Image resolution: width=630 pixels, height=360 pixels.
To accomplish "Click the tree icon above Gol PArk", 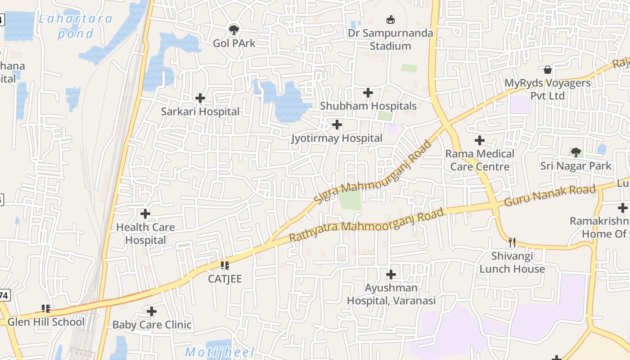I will (233, 30).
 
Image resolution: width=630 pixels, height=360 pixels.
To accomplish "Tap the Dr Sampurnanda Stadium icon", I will (390, 19).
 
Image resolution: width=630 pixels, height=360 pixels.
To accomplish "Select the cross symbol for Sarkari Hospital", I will (200, 98).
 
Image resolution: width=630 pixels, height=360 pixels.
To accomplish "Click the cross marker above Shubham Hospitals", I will (368, 93).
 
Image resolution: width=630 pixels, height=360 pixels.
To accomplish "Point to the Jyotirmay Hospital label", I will (337, 138).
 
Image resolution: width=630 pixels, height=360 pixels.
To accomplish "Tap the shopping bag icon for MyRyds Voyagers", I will (548, 70).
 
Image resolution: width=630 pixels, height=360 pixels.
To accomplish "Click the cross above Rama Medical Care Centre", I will (480, 140).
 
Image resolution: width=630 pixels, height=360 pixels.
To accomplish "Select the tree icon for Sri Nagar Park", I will (576, 152).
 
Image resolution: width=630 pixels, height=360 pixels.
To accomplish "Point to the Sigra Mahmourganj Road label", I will (374, 173).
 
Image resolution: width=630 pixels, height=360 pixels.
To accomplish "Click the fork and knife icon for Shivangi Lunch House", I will (512, 243).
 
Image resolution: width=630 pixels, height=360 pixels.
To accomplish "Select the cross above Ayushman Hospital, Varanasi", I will (391, 274).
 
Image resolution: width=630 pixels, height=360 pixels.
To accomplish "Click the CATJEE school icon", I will (225, 265).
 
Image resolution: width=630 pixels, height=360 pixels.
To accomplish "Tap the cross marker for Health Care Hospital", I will (145, 214).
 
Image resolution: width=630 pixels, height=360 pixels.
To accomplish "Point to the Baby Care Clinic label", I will (152, 324).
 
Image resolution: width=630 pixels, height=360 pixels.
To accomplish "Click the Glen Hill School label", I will (46, 322).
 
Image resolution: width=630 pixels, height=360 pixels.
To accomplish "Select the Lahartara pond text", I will (75, 26).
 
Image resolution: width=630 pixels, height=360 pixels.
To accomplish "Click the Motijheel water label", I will (220, 352).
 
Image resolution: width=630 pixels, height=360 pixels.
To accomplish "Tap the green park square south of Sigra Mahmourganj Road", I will (350, 200).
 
